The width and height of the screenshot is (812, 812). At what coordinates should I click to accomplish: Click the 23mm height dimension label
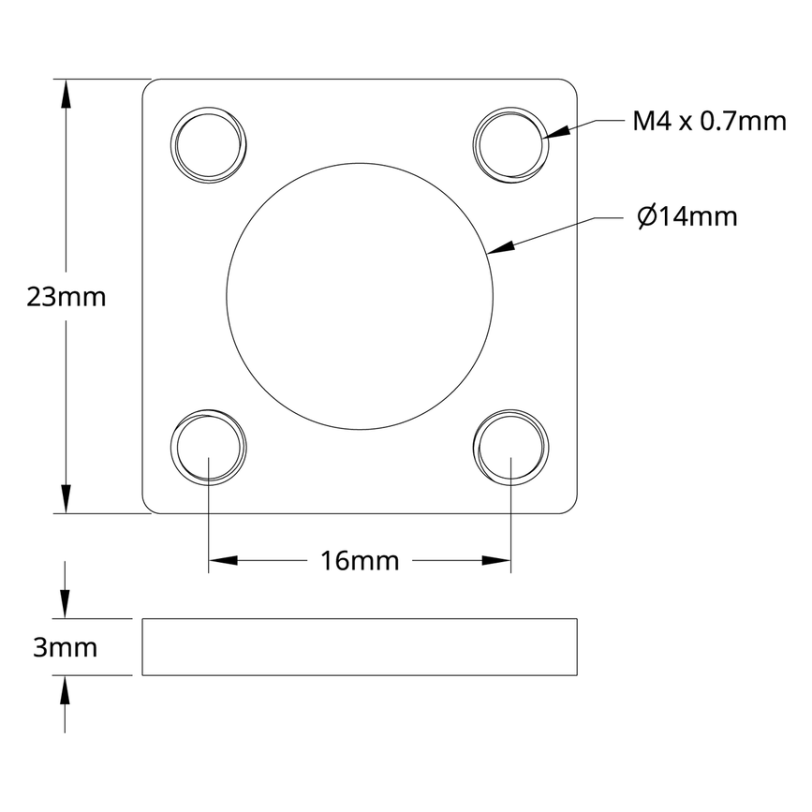click(x=66, y=298)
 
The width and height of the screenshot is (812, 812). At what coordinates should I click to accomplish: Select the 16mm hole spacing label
click(x=360, y=561)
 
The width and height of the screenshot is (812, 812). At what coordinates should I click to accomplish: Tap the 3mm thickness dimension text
click(x=66, y=647)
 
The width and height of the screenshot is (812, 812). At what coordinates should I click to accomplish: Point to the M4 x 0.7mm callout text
click(x=709, y=121)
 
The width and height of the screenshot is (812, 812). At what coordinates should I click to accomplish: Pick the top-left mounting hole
click(x=210, y=146)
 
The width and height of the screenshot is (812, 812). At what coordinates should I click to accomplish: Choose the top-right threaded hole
click(x=510, y=146)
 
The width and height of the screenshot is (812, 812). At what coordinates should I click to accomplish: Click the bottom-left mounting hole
click(x=210, y=447)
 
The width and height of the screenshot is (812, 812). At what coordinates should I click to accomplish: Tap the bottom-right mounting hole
click(x=510, y=447)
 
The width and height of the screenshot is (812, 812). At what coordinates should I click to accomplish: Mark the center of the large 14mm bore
click(x=360, y=297)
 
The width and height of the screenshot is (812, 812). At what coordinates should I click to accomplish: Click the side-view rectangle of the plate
click(x=360, y=647)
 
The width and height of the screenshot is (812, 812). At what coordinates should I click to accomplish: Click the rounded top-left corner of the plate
click(x=147, y=84)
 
